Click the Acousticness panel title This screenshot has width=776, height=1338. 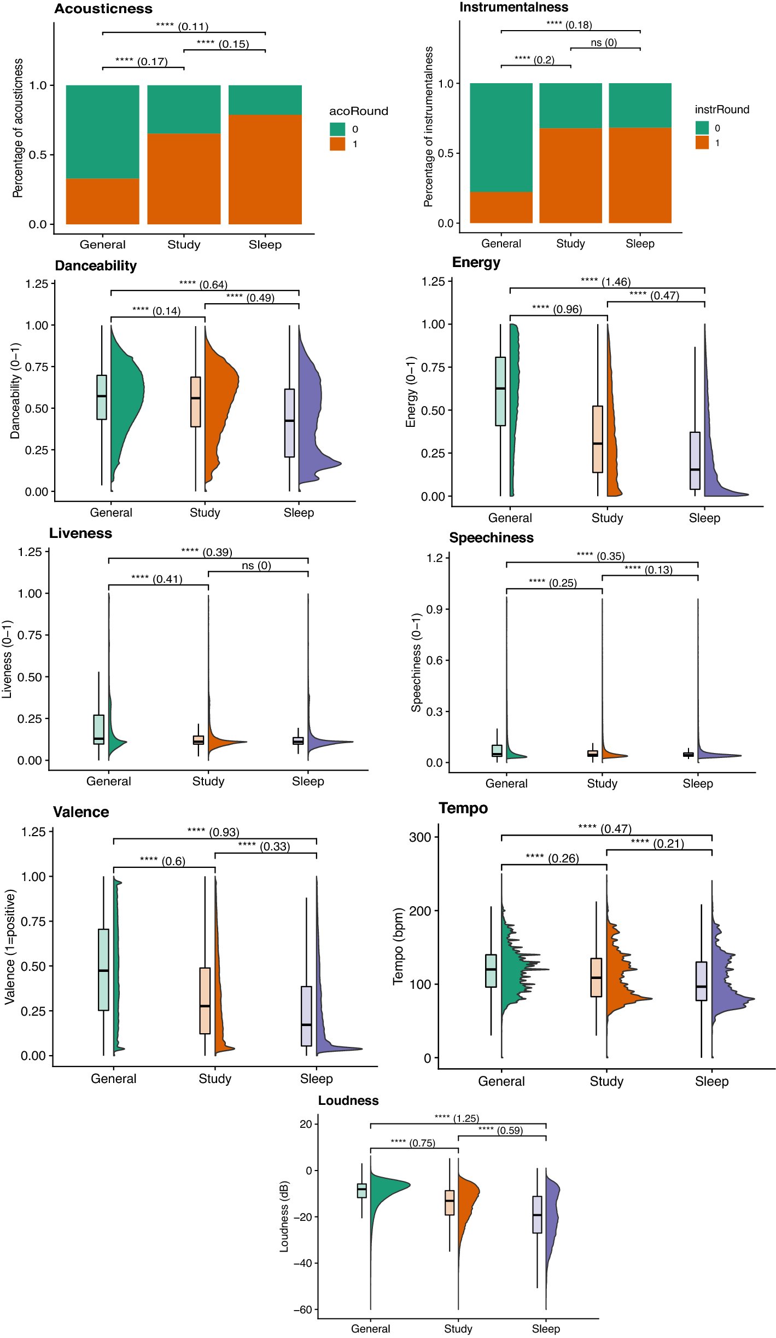[x=103, y=9]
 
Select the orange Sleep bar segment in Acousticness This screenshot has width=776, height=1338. [x=265, y=170]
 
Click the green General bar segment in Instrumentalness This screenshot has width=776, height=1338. [x=501, y=137]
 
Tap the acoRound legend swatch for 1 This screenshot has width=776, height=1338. [x=337, y=144]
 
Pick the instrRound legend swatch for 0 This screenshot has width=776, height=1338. [x=702, y=128]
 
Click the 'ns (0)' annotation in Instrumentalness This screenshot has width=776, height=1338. [x=604, y=43]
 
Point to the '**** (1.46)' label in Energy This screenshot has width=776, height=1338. [x=605, y=282]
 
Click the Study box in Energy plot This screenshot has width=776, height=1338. [x=598, y=439]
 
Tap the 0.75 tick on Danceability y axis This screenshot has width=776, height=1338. [x=37, y=367]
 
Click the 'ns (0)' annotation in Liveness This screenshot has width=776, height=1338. [x=256, y=565]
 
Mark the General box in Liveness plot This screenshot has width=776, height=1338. [x=99, y=729]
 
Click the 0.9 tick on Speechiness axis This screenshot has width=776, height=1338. [x=435, y=609]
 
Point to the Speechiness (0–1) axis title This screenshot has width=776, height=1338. [x=416, y=662]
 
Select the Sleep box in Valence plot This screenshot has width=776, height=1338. [x=306, y=1016]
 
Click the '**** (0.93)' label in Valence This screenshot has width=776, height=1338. [x=213, y=832]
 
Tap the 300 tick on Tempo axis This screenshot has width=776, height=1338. [x=420, y=837]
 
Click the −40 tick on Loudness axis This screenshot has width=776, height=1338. [x=301, y=1264]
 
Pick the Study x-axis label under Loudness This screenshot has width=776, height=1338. [x=458, y=1329]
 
